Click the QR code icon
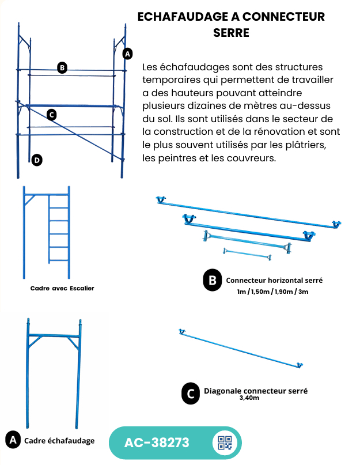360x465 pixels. [x=225, y=443]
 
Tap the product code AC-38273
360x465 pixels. [x=157, y=443]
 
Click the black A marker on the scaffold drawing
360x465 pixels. [x=127, y=54]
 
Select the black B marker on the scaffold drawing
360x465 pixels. [x=62, y=68]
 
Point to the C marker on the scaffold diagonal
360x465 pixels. [x=52, y=115]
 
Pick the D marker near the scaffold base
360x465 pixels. [x=37, y=160]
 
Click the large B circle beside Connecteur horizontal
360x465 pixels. [x=213, y=280]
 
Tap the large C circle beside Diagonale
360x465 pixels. [x=191, y=393]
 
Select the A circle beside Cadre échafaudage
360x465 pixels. [x=13, y=440]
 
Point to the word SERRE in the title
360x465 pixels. [x=232, y=33]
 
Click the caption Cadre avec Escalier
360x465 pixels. [x=62, y=288]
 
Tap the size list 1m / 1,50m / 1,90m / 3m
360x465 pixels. [x=272, y=292]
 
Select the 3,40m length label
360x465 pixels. [x=249, y=398]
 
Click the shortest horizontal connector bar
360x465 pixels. [x=247, y=254]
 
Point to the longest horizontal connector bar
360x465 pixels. [x=249, y=213]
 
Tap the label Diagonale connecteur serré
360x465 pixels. [x=256, y=391]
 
